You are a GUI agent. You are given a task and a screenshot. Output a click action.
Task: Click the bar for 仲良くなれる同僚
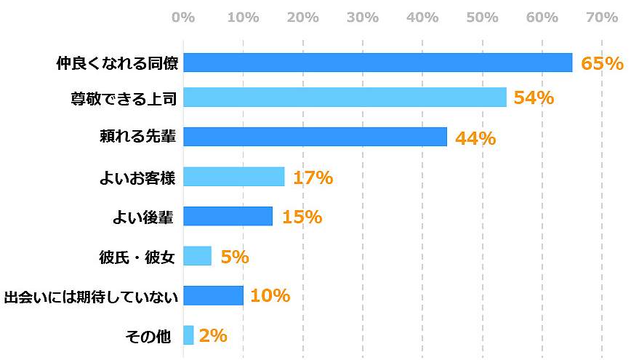pos(377,63)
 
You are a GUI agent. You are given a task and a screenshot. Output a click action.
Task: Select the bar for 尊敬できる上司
pos(345,97)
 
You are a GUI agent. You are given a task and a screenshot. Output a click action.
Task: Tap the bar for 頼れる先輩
pos(315,137)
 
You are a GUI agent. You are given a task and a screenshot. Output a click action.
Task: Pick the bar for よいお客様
pos(233,177)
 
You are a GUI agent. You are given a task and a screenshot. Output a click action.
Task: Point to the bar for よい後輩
pos(228,216)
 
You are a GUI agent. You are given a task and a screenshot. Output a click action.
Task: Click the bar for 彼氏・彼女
pos(197,256)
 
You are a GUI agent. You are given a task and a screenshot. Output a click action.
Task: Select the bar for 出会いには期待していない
pos(213,295)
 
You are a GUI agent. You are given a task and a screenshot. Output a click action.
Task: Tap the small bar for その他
pos(188,335)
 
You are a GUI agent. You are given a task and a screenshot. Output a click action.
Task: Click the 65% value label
pos(602,63)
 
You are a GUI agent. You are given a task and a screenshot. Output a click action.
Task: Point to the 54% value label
pos(534,97)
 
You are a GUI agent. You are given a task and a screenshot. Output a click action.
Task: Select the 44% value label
pos(475,137)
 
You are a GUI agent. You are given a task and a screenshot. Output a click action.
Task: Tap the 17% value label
pos(313,177)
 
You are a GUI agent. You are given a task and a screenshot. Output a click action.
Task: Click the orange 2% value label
pos(213,335)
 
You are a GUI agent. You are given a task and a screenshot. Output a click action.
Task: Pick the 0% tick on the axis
pos(183,17)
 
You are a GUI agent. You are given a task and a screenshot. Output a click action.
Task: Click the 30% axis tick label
pos(363,17)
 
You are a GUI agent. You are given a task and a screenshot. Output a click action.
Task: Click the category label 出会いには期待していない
pos(89,296)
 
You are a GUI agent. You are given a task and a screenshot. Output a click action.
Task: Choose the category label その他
pos(148,335)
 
